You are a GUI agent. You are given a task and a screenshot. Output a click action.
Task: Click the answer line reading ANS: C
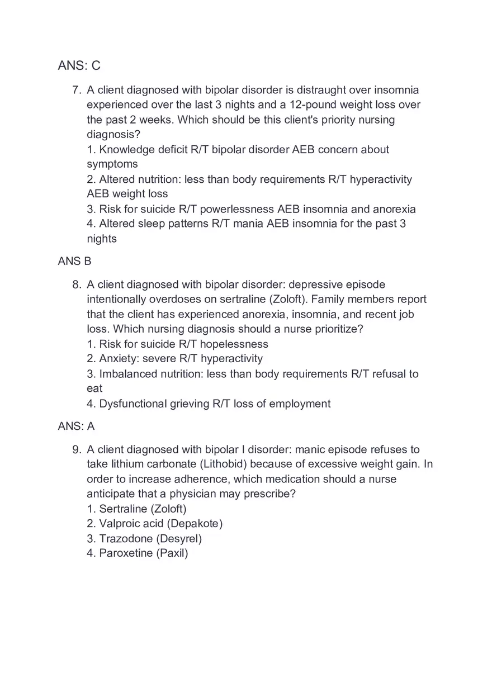click(79, 65)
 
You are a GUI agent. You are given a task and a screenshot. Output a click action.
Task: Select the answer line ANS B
click(74, 261)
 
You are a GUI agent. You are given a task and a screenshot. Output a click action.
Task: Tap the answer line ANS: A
click(76, 426)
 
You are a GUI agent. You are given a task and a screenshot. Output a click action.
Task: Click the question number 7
click(77, 90)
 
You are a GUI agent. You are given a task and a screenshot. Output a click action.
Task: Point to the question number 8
click(77, 285)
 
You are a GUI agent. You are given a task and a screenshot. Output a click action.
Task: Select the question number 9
click(77, 449)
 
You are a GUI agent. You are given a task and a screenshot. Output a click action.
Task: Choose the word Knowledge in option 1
click(127, 149)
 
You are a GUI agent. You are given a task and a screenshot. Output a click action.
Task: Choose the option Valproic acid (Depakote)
click(155, 523)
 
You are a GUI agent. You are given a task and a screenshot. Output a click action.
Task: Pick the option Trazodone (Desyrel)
click(144, 538)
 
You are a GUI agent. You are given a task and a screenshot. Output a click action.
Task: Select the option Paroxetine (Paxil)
click(138, 553)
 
